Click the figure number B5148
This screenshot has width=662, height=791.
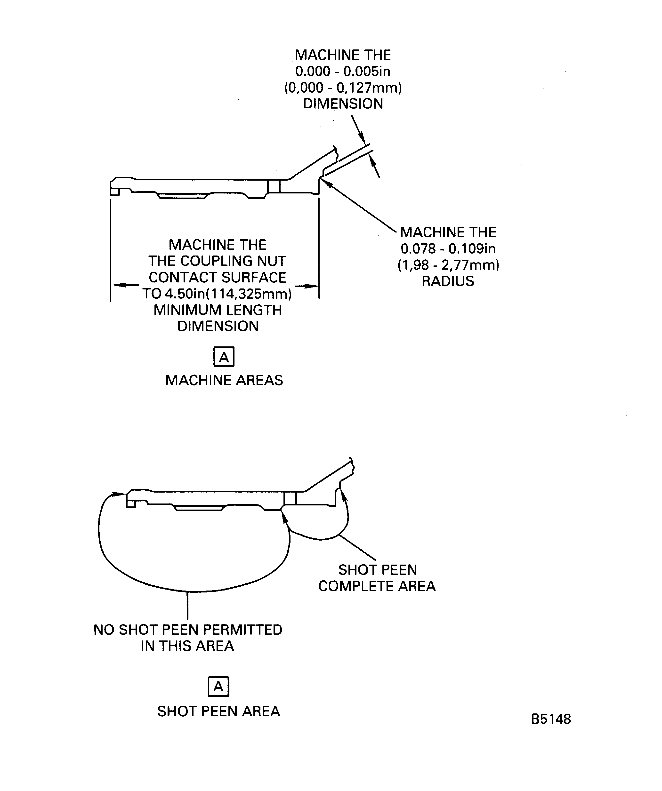(x=551, y=719)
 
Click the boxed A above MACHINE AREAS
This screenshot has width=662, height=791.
(x=224, y=357)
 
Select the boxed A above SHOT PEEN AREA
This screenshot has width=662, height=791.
(x=218, y=687)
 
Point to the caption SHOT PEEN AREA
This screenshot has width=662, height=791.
(x=218, y=711)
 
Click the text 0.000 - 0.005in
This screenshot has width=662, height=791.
(x=343, y=71)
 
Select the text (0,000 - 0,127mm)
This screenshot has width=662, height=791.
(x=343, y=88)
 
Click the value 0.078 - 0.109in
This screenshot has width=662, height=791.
(x=448, y=249)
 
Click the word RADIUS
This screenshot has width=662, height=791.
(x=448, y=281)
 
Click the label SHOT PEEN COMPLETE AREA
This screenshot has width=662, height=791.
(x=377, y=578)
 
